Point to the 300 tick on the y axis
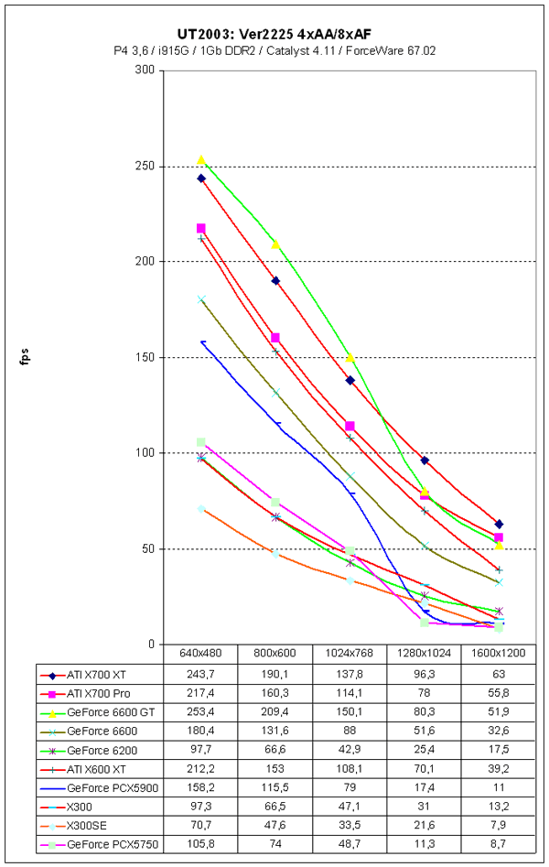[145, 70]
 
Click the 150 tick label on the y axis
[145, 357]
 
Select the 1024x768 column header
[349, 655]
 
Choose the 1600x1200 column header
[498, 655]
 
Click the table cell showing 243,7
[200, 673]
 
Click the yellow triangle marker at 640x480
[201, 160]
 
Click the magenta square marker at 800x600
[275, 338]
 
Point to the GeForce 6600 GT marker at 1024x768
[350, 357]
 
